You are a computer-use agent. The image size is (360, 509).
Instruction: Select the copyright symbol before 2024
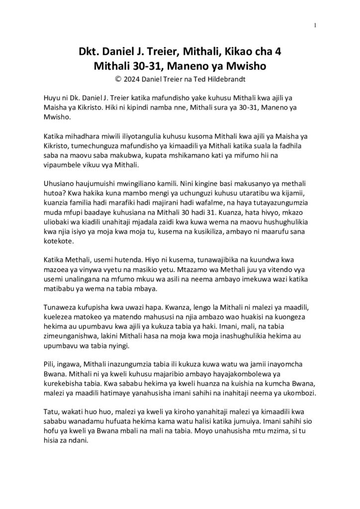[117, 78]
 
